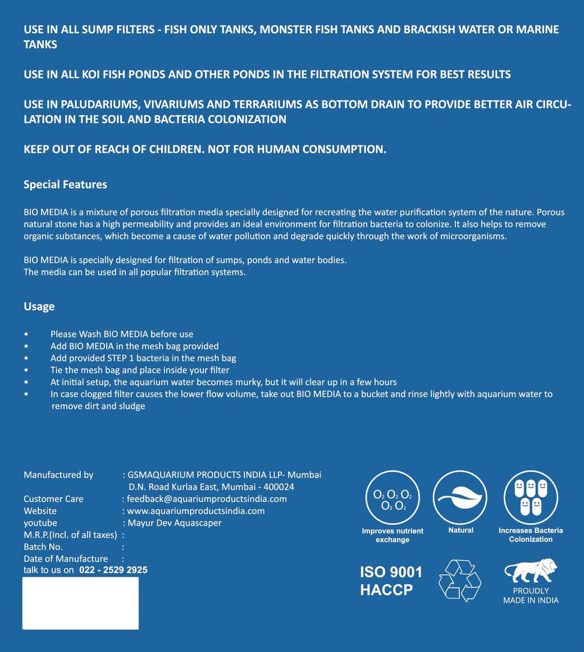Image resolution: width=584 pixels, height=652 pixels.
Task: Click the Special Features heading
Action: point(65,185)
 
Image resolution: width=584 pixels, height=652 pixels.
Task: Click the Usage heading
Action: point(39,307)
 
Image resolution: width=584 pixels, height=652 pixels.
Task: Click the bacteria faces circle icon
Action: point(531,498)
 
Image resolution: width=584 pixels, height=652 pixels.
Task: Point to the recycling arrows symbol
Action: point(460,581)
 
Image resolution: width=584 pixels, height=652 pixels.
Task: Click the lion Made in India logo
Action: point(531,571)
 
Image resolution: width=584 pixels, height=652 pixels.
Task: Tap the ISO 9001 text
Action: point(391,572)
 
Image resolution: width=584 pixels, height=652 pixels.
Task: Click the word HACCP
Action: point(386,590)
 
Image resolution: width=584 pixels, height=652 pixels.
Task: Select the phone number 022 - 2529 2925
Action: point(113,570)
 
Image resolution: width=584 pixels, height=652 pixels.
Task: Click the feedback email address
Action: point(207,499)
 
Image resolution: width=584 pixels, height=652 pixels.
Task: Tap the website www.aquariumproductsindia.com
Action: point(195,511)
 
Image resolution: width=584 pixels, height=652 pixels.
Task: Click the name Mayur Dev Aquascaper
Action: point(175,523)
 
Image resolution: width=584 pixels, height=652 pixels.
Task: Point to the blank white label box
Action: point(80,603)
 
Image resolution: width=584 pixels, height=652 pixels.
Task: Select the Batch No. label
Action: point(43,547)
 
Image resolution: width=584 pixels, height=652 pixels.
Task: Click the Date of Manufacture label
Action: point(66,559)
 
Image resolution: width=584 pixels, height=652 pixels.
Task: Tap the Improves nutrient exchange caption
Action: point(393,535)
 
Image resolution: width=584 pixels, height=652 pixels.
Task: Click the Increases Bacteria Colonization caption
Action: point(531,535)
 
